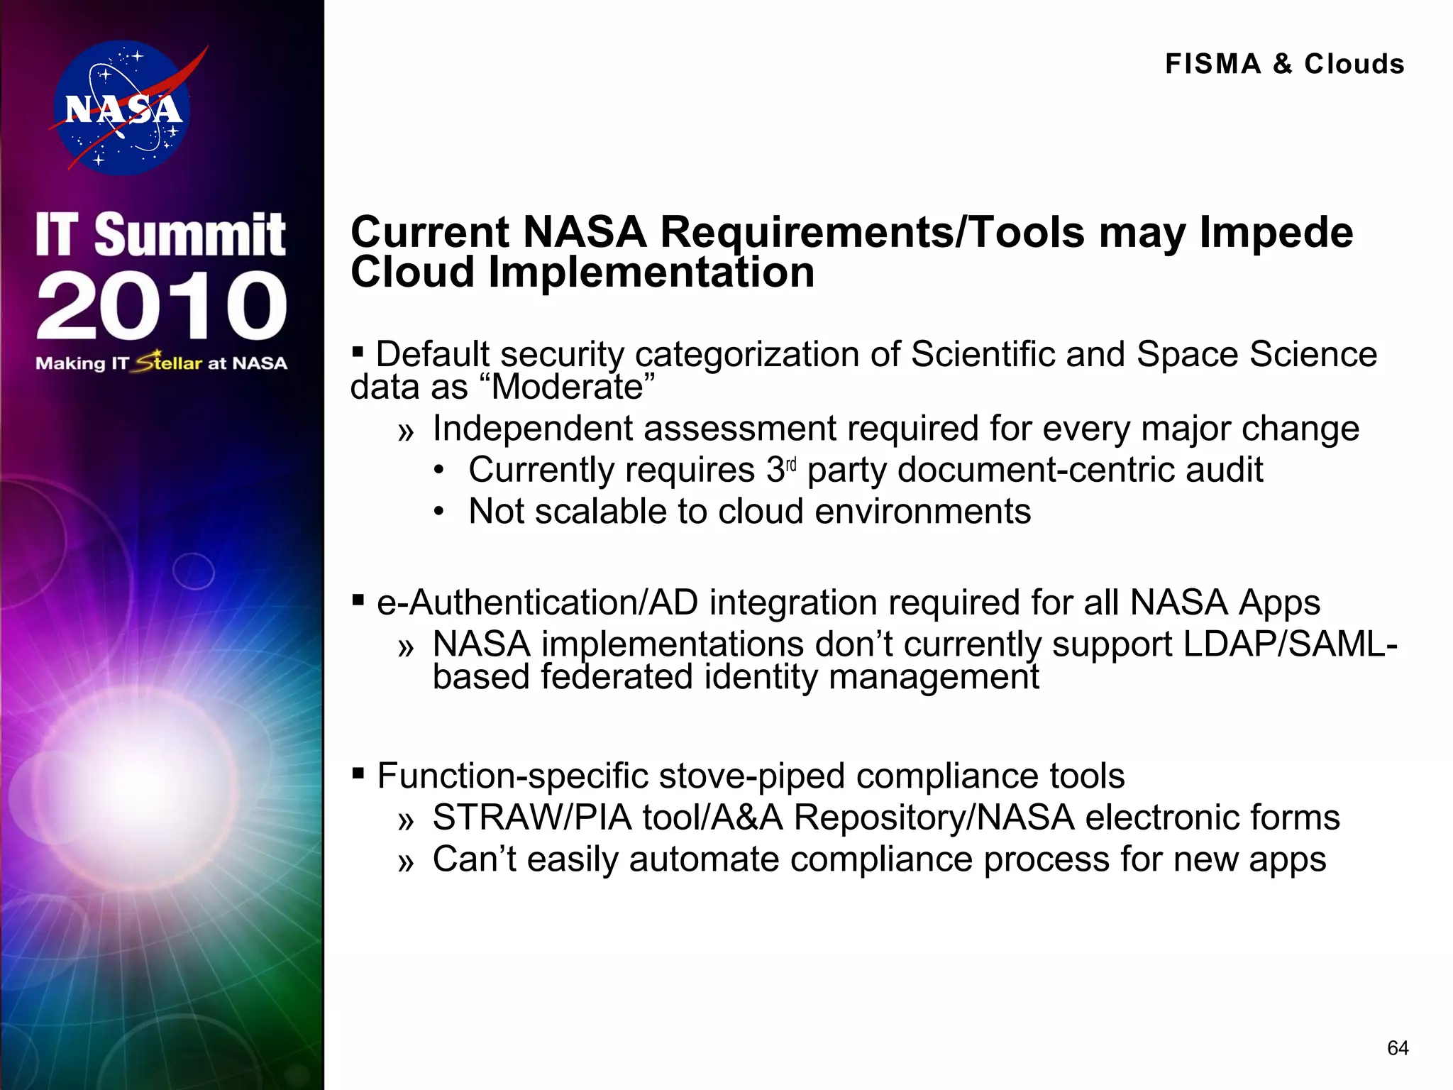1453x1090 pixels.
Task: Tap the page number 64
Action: tap(1397, 1048)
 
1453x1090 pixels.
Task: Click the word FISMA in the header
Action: tap(1213, 64)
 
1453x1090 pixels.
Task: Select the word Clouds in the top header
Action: tap(1354, 64)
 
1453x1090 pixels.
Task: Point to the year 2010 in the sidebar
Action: tap(162, 306)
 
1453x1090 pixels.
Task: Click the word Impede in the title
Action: tap(1276, 233)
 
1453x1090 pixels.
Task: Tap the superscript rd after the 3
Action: tap(792, 464)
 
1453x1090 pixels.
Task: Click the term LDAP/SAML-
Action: tap(1290, 644)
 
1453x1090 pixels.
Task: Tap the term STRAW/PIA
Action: tap(531, 817)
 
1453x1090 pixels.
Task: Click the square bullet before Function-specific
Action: tap(358, 772)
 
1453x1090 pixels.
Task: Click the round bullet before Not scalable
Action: tap(440, 512)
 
